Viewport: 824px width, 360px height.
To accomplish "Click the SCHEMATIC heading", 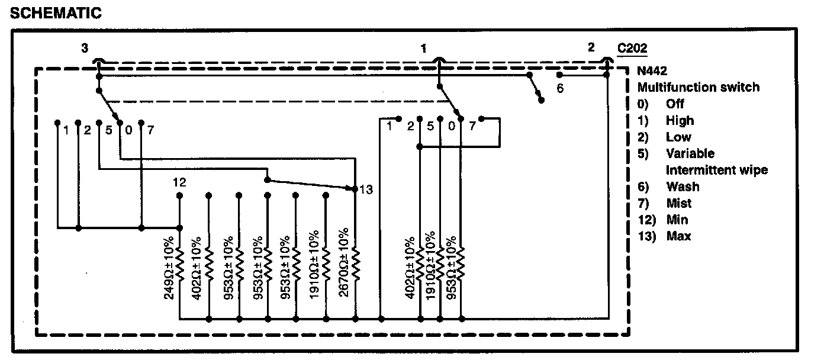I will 56,13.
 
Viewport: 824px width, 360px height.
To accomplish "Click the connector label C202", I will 632,49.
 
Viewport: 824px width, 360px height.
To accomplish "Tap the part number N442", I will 652,70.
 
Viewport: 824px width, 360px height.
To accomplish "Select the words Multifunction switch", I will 698,87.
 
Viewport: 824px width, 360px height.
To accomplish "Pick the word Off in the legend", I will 675,104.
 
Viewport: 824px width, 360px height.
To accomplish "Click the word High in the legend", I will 680,120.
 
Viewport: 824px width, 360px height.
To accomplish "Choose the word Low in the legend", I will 678,137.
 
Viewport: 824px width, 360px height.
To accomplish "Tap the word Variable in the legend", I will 690,153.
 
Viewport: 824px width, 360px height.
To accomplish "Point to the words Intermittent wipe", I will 717,170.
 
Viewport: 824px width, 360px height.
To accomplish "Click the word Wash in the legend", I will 683,187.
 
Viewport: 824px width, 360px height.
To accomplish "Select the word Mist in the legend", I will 679,203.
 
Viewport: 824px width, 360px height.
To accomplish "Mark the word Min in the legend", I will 677,220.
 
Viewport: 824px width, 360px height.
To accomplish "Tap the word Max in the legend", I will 678,236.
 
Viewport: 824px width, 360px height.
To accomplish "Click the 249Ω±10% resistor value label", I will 169,268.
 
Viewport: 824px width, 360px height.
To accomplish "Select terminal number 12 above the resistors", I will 180,182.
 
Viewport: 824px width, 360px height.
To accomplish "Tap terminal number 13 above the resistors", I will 366,189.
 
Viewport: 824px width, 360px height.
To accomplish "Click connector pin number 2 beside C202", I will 591,49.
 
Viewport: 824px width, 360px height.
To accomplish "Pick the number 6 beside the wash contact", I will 560,88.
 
